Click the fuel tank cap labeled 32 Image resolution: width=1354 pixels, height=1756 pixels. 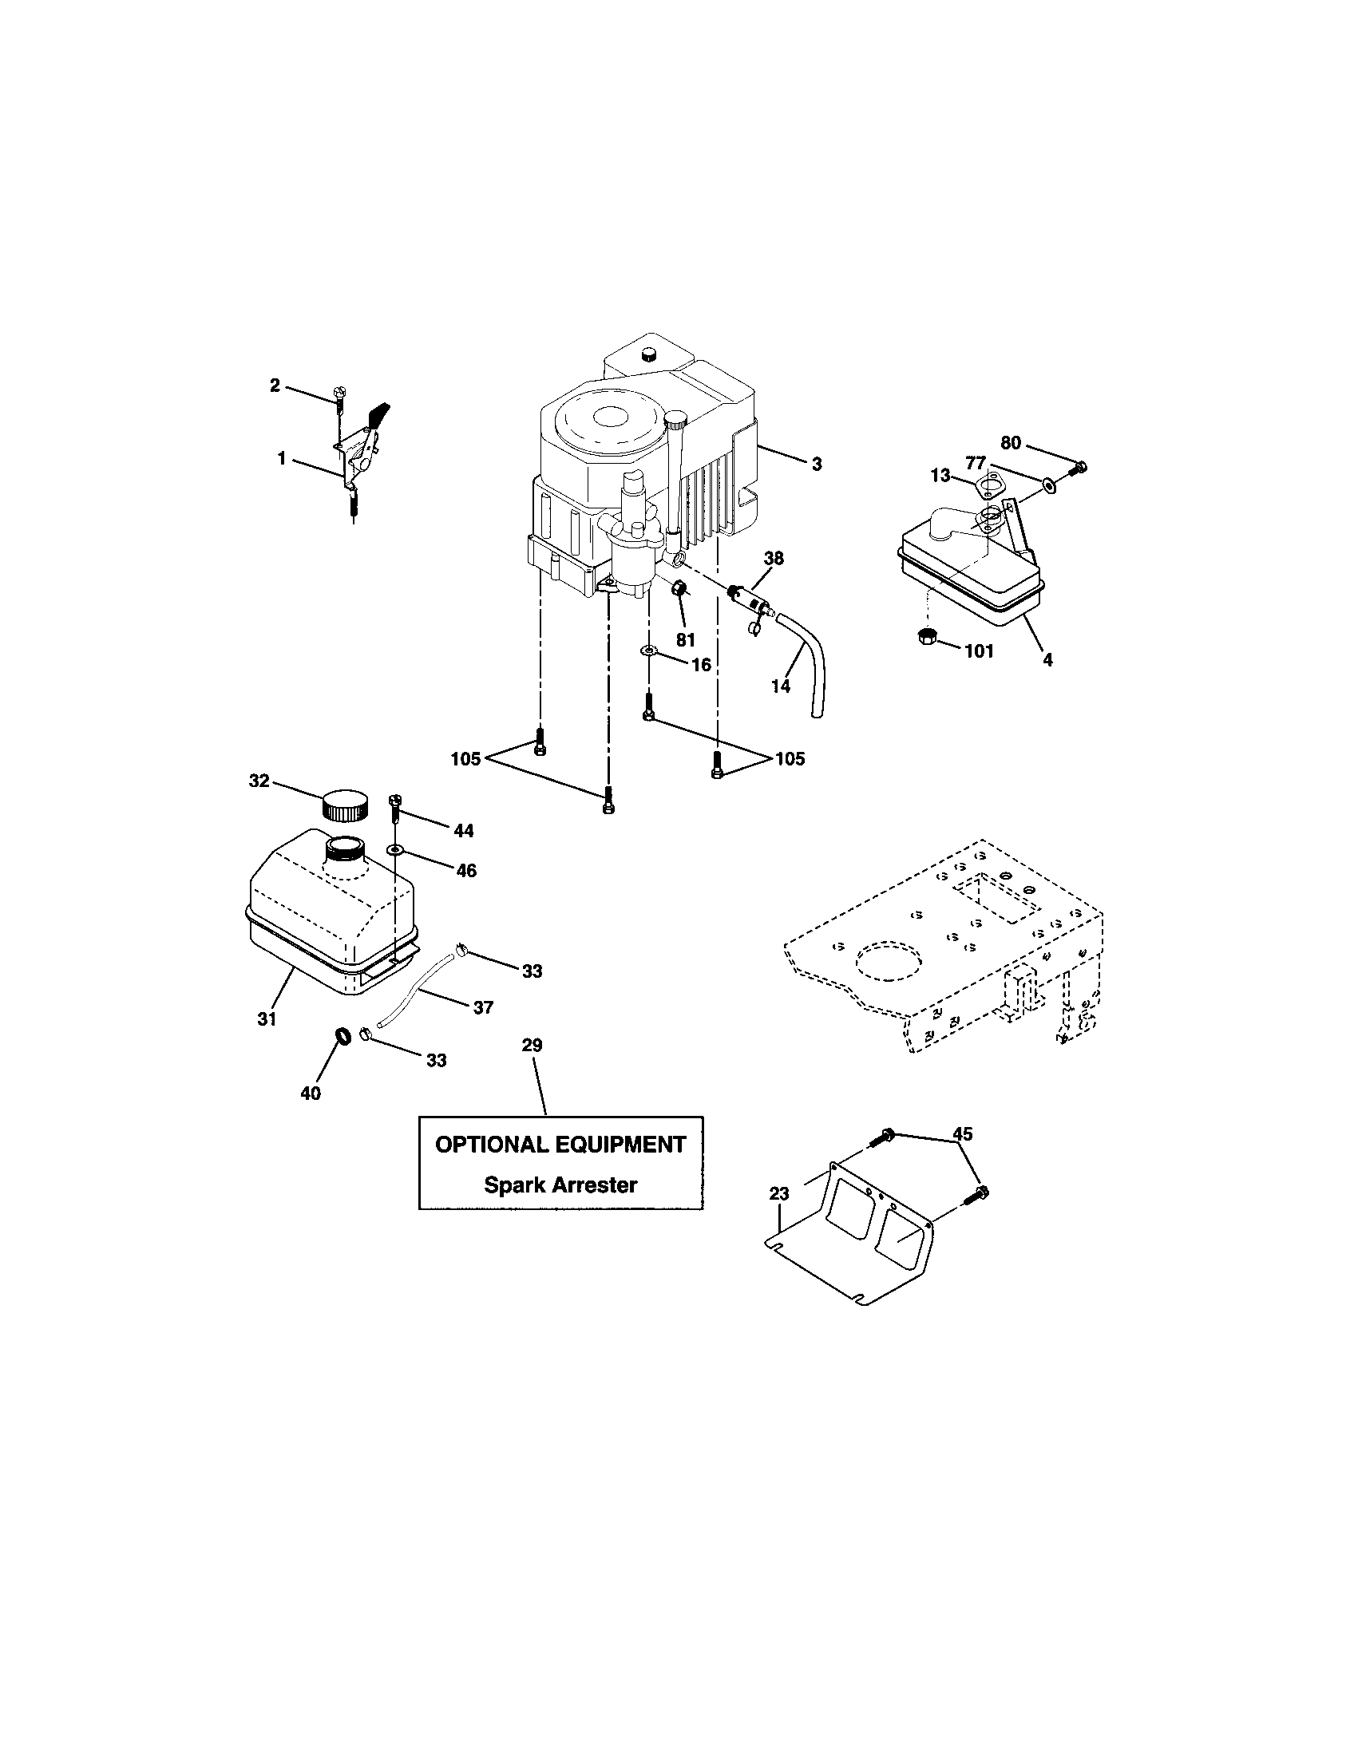[345, 805]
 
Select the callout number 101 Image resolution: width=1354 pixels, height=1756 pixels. [979, 651]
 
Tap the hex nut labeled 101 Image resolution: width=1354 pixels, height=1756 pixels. [925, 638]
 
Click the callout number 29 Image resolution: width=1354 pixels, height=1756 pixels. [532, 1046]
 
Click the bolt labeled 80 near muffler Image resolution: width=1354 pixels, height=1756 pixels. [1081, 465]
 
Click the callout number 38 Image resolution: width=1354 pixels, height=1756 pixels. [774, 558]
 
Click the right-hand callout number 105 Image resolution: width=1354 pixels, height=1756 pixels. [789, 759]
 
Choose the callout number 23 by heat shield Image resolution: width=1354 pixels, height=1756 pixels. [779, 1194]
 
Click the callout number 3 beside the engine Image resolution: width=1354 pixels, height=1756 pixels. [816, 465]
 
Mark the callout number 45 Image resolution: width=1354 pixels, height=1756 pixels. [962, 1133]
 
